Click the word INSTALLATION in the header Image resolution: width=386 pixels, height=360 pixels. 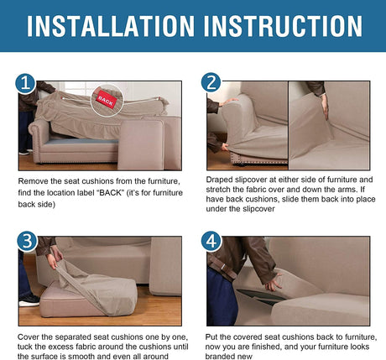pos(111,26)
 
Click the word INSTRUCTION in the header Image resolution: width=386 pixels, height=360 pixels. pos(283,26)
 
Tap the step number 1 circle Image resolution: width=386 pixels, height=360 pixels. pos(25,83)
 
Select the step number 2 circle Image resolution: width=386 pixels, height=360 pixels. pos(211,82)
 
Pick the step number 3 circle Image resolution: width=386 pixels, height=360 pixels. pos(27,242)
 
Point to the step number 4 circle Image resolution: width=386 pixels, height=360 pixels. pos(211,241)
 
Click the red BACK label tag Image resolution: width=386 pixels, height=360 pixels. pos(106,101)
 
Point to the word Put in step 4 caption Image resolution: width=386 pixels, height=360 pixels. pos(211,337)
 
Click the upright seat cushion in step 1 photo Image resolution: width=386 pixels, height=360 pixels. pos(141,145)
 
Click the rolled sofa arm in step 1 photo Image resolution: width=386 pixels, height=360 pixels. pos(39,137)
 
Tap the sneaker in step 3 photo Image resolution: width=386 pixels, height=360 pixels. pos(29,300)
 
